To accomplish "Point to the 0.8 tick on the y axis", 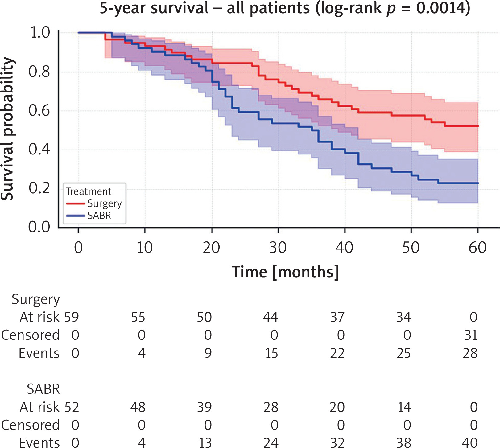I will pyautogui.click(x=39, y=72).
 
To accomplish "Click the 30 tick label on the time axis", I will pyautogui.click(x=278, y=248).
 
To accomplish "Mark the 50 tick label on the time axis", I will pyautogui.click(x=411, y=248).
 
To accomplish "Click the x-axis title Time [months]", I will pyautogui.click(x=285, y=272).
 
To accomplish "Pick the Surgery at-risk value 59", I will pyautogui.click(x=72, y=317).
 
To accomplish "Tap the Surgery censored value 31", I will pyautogui.click(x=471, y=335).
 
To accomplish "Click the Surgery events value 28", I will pyautogui.click(x=470, y=353).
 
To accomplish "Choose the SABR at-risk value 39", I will pyautogui.click(x=204, y=407).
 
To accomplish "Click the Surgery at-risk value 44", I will pyautogui.click(x=271, y=317).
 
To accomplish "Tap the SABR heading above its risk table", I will pyautogui.click(x=43, y=389).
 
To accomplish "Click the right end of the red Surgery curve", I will pyautogui.click(x=477, y=126).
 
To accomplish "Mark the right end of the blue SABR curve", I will pyautogui.click(x=477, y=183).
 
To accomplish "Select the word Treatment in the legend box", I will pyautogui.click(x=89, y=191).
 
